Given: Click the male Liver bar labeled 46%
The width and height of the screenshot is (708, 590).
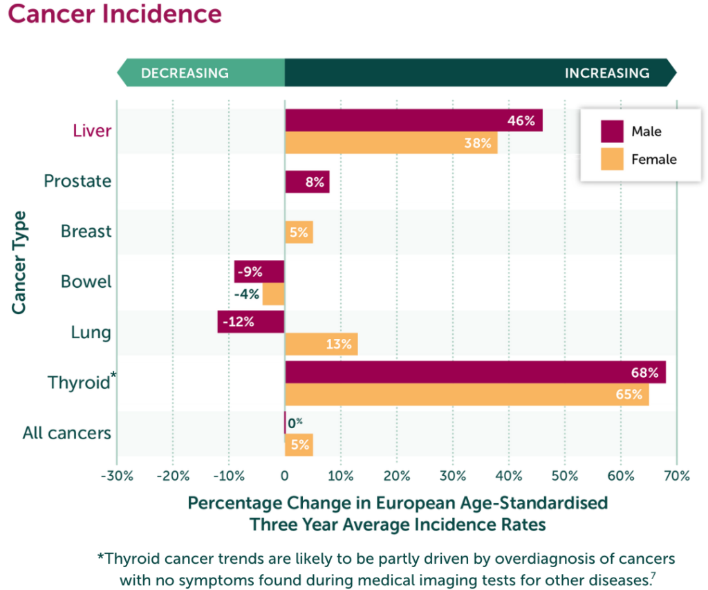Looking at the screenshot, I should pos(413,120).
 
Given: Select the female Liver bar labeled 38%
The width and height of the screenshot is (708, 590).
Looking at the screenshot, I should pos(391,144).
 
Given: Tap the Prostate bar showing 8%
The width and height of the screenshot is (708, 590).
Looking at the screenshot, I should pos(307,183).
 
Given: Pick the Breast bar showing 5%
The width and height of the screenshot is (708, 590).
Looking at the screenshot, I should pos(299,232).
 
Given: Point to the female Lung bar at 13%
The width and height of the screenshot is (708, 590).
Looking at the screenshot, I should pos(321,344).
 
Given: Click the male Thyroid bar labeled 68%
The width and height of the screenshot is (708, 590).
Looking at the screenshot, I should pos(475,372).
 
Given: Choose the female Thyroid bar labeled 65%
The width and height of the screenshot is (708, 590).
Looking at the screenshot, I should pos(467,396).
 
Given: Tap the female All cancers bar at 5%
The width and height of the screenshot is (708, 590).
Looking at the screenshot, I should pos(299,445).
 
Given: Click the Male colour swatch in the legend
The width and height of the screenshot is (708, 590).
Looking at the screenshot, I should pos(612,131).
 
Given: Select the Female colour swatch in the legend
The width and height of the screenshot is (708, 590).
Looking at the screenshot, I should pos(612,159).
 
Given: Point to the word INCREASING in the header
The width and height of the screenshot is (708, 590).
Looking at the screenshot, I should pos(606,73).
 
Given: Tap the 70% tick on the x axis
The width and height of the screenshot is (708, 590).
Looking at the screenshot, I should pos(676,476).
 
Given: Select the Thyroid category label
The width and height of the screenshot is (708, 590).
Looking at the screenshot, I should pos(78,382).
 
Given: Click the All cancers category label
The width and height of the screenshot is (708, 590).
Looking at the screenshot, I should pos(66,433).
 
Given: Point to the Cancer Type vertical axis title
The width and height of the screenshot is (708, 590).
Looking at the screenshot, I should pos(19,263).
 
